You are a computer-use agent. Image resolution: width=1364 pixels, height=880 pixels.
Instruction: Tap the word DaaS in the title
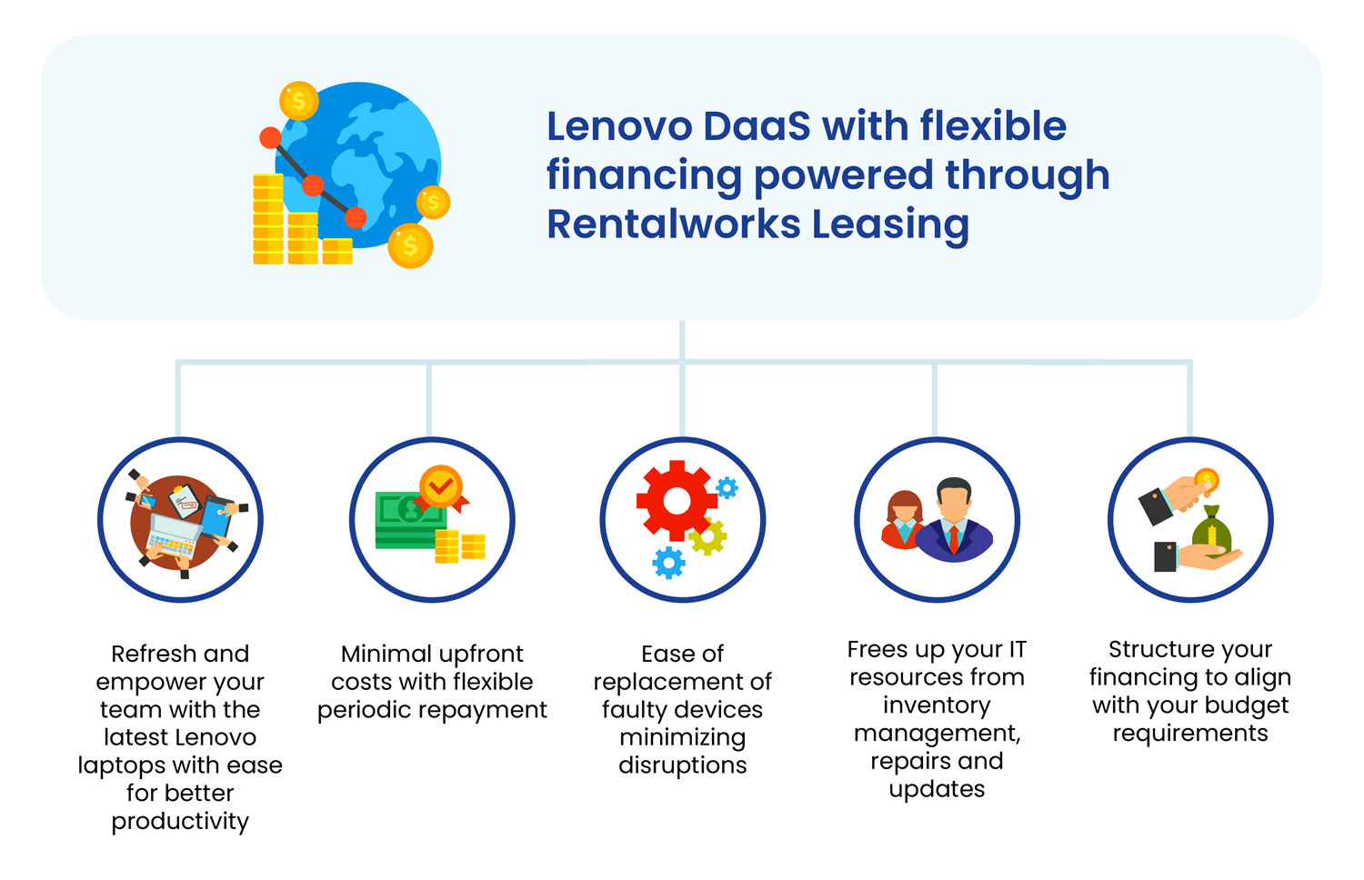pos(757,126)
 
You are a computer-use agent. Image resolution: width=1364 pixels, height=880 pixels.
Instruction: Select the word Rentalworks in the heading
pos(674,224)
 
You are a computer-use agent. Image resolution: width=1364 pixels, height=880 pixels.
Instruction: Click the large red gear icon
pos(677,501)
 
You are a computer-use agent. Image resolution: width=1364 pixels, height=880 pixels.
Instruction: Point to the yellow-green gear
pos(707,536)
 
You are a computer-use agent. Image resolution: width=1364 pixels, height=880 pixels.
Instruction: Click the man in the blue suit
pos(954,519)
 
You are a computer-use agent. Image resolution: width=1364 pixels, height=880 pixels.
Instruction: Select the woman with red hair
pos(903,521)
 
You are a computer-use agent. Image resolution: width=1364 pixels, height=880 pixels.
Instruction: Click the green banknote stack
pos(410,521)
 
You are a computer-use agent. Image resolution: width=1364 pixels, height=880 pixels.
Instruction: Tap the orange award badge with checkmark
pos(441,489)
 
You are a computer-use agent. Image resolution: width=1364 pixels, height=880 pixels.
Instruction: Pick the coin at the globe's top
pos(298,100)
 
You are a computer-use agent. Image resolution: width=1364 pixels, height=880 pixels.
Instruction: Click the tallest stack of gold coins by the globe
pos(268,219)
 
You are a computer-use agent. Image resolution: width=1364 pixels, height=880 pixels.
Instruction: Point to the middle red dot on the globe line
pos(313,185)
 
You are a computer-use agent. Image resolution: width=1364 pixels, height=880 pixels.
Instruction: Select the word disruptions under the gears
pos(683,765)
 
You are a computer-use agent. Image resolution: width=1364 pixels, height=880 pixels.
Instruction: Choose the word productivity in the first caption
pos(180,822)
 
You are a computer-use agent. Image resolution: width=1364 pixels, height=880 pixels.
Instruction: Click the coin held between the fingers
pos(1207,480)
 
